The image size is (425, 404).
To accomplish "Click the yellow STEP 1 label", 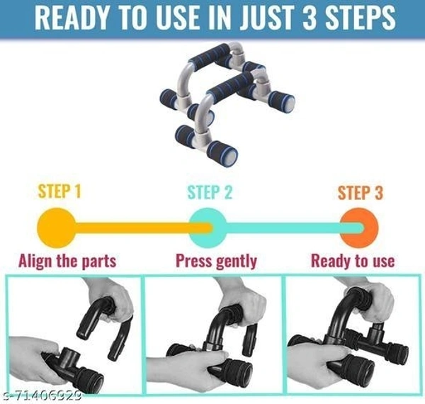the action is tap(59, 191).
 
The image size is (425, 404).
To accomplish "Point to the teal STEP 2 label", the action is tap(210, 192).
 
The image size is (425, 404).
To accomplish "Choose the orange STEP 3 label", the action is tap(361, 193).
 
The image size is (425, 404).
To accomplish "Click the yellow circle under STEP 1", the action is tap(57, 228).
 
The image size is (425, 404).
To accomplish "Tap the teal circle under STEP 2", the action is tap(208, 228).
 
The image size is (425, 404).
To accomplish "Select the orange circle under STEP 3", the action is tap(359, 228).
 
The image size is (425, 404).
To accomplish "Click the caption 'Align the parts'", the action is tap(67, 261).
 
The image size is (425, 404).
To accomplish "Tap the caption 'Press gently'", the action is tap(216, 261).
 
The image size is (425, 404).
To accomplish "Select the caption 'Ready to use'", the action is tap(353, 261).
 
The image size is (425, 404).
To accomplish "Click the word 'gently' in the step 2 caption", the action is tap(237, 262).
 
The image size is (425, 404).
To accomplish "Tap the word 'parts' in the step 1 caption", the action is tap(99, 262).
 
